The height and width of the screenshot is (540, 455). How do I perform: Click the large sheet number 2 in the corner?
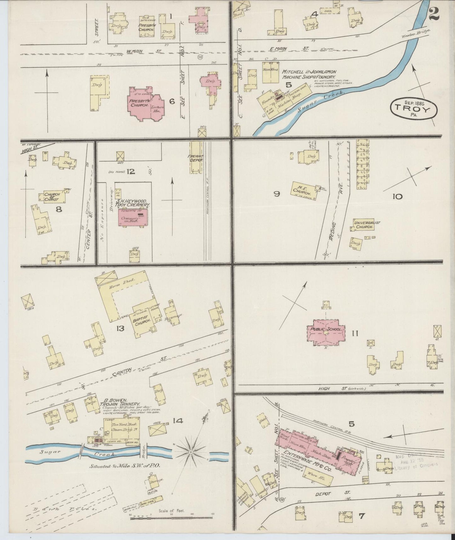tap(434, 13)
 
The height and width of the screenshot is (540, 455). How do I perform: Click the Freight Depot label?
tap(196, 158)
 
